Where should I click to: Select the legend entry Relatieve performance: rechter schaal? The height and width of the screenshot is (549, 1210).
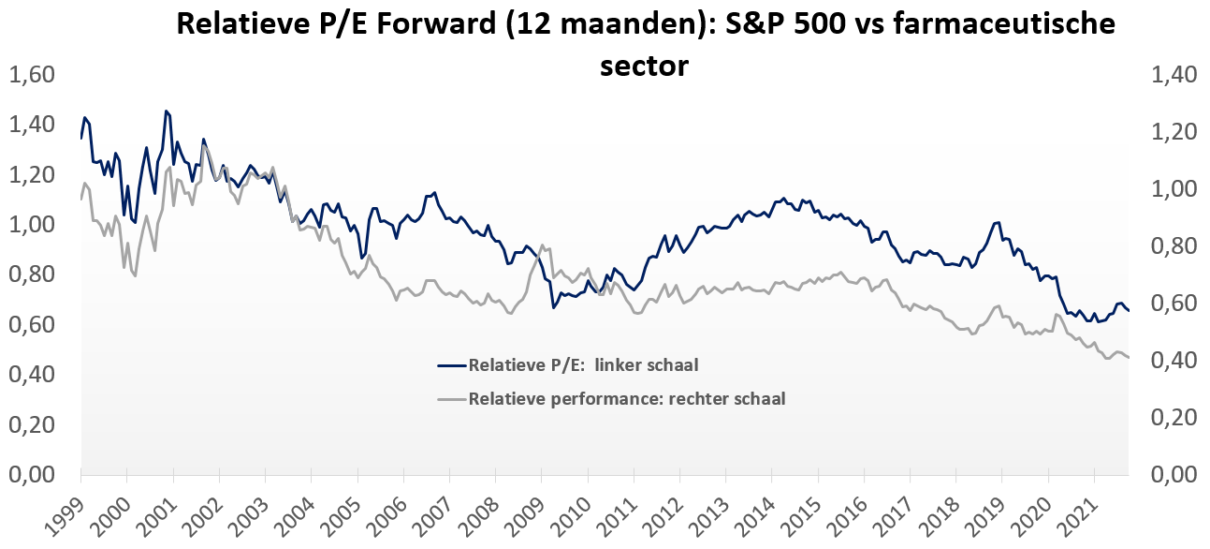click(626, 398)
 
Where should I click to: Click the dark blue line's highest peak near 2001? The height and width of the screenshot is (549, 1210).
click(166, 111)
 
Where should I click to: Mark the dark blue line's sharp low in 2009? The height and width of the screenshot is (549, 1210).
click(553, 306)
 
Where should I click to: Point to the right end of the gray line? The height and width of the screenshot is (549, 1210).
click(1129, 358)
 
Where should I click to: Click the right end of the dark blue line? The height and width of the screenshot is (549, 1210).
click(1129, 311)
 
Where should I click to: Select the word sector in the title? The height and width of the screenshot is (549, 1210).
click(644, 66)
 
